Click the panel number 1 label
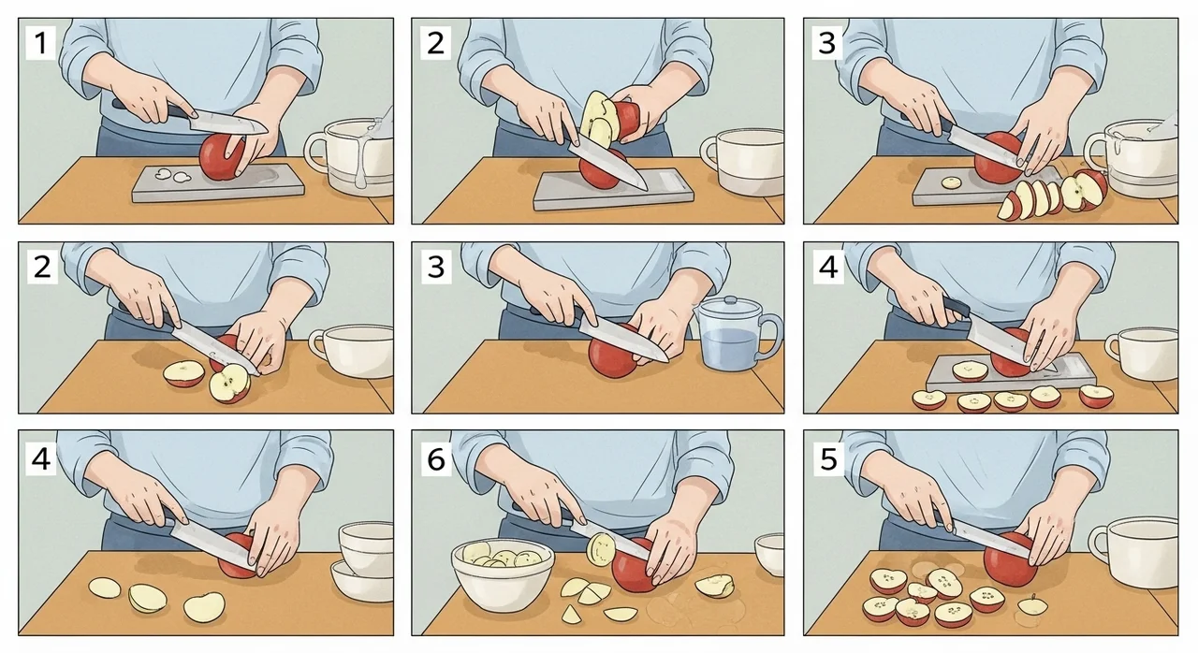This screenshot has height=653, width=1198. [40, 43]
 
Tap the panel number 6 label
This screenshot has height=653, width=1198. [436, 459]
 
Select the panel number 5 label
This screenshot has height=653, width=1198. [828, 458]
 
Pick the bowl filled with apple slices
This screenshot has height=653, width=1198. [503, 574]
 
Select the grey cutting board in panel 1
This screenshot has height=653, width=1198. [218, 182]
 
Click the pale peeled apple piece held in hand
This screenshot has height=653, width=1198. [597, 121]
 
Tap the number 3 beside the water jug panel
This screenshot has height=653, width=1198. [436, 268]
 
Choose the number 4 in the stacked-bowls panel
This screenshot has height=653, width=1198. [40, 459]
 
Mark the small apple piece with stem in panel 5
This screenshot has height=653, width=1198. [1032, 605]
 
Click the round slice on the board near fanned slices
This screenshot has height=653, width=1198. [951, 183]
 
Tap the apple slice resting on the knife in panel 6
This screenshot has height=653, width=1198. [601, 549]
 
